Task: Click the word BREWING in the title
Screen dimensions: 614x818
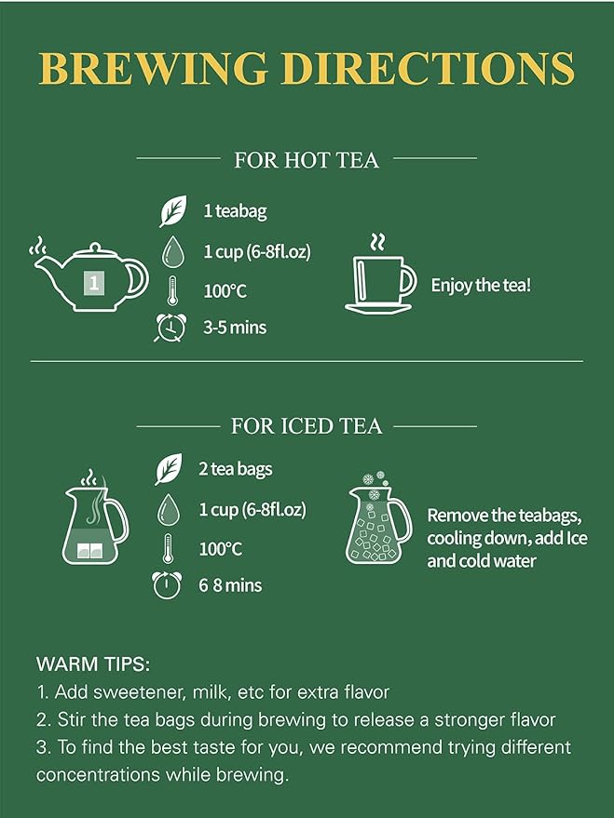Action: (154, 68)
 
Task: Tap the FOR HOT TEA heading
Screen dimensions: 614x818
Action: (307, 160)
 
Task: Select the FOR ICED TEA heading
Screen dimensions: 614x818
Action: (307, 426)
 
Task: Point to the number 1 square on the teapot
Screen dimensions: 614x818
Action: (94, 283)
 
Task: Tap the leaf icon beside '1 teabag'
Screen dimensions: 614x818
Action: (173, 210)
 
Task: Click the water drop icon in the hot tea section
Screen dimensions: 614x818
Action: (173, 252)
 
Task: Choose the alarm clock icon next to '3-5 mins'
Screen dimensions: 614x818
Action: (171, 328)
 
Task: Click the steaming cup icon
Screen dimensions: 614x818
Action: (381, 275)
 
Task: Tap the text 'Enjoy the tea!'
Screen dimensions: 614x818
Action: (481, 286)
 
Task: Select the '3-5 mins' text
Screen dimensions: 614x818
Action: (235, 328)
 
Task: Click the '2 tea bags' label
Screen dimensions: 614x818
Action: (236, 469)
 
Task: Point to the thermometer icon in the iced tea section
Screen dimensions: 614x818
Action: (168, 548)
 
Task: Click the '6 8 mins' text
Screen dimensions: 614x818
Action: (230, 585)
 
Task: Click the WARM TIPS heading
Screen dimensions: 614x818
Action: (93, 664)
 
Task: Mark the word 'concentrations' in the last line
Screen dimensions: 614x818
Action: (98, 774)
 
